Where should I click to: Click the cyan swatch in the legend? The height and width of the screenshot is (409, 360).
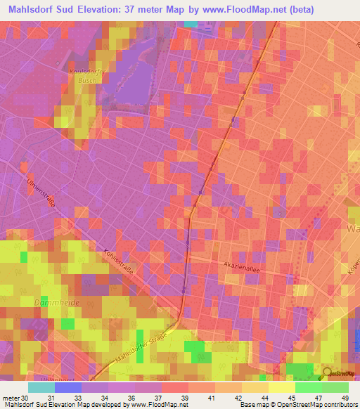pyautogui.click(x=41, y=387)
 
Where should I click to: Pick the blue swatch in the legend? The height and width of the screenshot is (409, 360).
pyautogui.click(x=67, y=387)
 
